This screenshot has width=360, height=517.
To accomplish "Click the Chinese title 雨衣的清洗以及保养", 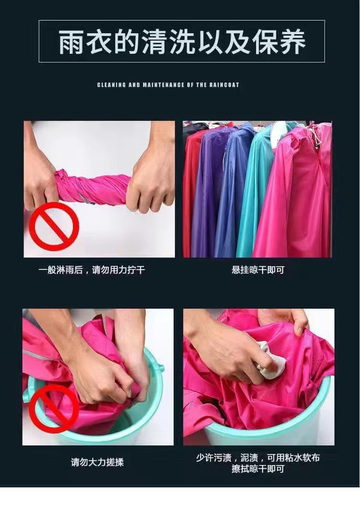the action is tap(182, 42).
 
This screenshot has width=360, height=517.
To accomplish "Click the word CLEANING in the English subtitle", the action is tap(111, 85).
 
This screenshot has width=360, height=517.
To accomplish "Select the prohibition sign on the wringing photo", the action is tap(54, 227).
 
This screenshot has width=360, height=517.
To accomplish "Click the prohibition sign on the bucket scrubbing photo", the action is tap(54, 409).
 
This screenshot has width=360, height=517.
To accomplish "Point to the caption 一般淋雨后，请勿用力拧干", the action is tap(92, 270).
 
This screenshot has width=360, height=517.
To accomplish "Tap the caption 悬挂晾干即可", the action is tap(258, 270).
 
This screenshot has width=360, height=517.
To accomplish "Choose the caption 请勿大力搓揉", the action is tap(97, 462).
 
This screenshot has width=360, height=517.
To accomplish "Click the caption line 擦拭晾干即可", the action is tap(258, 469).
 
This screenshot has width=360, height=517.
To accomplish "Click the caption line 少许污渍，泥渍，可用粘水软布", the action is tap(258, 457).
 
